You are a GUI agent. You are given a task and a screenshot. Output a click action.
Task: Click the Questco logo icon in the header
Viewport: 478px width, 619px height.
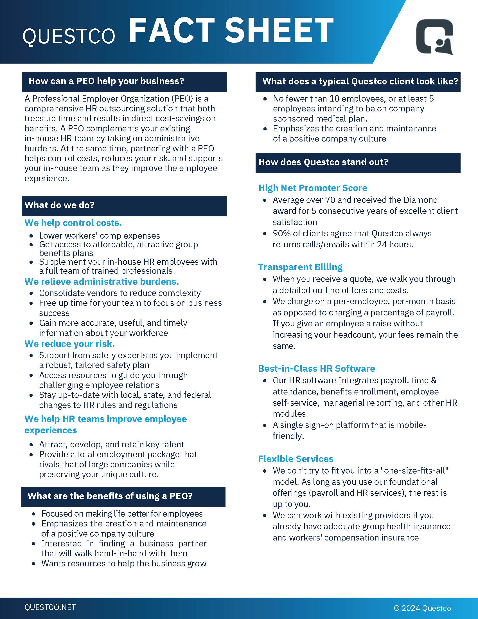pos(434,37)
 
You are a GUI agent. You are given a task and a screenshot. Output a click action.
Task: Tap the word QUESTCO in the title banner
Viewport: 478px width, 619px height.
pos(69,36)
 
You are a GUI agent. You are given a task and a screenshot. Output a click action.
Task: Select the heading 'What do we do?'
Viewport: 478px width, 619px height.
pos(59,205)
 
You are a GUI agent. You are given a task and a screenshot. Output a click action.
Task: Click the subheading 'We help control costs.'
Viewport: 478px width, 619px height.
pos(73,223)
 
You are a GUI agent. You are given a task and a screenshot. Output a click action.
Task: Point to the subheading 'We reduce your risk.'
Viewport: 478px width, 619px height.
pos(70,344)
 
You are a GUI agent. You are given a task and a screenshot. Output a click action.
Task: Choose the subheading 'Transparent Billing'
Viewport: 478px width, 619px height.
pos(300,267)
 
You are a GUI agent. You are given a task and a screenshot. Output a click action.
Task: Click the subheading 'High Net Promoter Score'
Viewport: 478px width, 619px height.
pos(313,188)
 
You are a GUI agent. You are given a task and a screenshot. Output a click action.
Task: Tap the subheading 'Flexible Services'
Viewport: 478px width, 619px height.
pos(296,459)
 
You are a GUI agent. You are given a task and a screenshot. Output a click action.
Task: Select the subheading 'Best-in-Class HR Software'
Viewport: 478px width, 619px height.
pos(317,369)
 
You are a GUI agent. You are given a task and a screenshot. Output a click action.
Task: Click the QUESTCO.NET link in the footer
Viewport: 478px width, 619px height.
pos(50,607)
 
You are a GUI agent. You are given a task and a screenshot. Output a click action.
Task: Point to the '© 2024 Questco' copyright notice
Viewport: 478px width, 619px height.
pos(423,608)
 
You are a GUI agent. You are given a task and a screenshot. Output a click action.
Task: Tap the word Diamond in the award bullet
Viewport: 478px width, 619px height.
pos(421,200)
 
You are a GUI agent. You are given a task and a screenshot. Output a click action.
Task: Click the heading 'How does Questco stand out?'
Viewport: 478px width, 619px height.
pos(323,162)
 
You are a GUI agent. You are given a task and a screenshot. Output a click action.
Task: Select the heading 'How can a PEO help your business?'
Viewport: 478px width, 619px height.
pos(106,81)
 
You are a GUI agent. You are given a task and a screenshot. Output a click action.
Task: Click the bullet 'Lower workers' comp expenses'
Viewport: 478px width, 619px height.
pos(99,236)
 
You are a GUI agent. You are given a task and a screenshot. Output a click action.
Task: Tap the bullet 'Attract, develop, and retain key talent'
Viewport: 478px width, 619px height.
pos(111,444)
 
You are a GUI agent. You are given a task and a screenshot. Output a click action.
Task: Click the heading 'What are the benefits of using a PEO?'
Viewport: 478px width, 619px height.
pos(110,496)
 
